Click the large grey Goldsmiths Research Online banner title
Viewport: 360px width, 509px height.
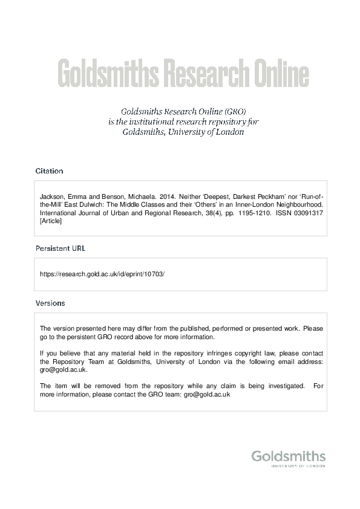tap(183, 74)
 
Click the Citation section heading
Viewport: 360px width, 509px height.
tap(49, 171)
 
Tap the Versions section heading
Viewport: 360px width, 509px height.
tap(50, 303)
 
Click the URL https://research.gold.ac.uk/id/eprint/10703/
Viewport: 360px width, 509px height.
tap(102, 274)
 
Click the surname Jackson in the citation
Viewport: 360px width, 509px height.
tap(51, 196)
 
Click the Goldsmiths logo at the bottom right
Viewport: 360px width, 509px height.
tap(288, 458)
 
